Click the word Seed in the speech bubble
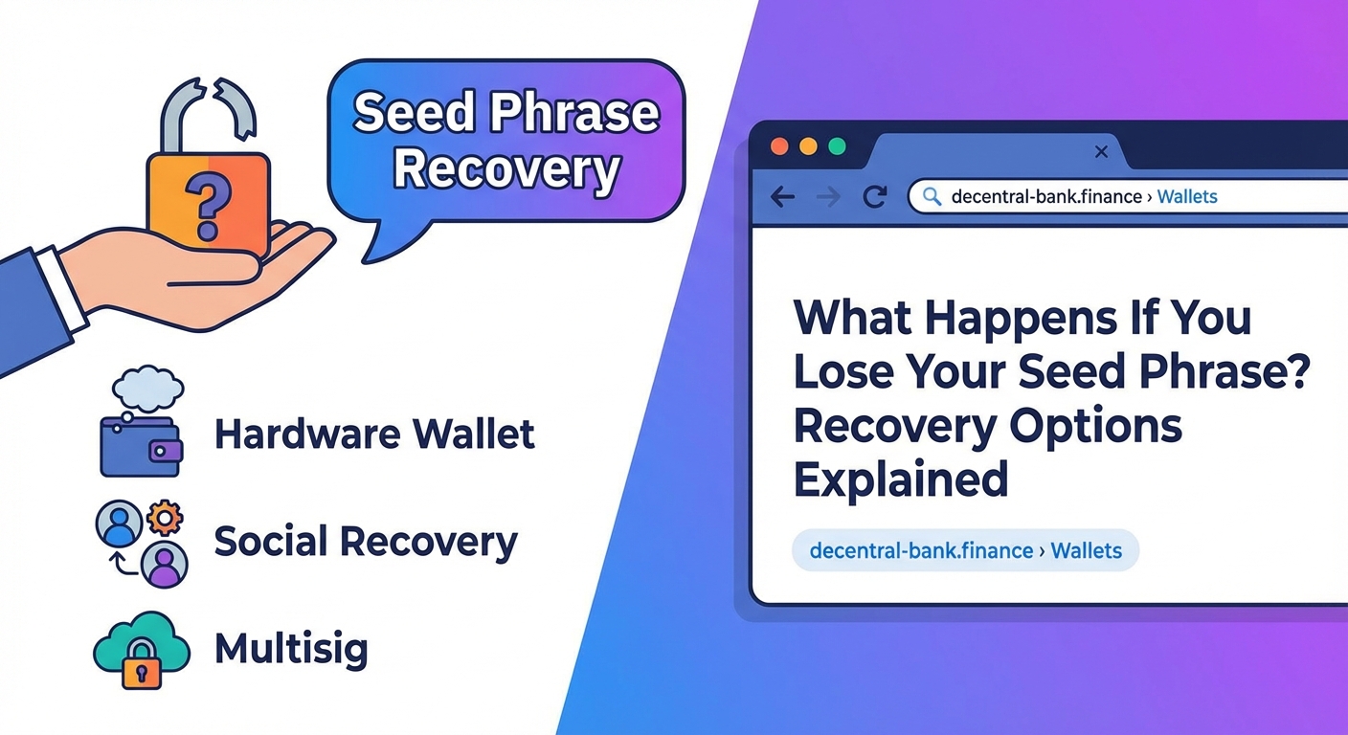click(x=415, y=113)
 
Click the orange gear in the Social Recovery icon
click(x=166, y=518)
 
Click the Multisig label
click(x=290, y=650)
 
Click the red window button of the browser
click(x=779, y=146)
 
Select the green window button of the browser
click(x=837, y=146)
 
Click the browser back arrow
click(x=782, y=197)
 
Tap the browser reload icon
click(x=874, y=197)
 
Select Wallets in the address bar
click(x=1186, y=197)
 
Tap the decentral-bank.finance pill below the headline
click(x=965, y=551)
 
